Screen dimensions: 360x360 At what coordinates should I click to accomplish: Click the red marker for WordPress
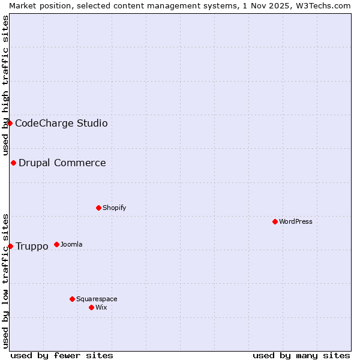point(275,221)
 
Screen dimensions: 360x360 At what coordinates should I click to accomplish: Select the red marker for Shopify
point(98,208)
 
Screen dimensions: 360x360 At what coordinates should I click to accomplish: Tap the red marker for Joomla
point(56,244)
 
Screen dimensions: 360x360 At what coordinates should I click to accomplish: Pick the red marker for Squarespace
point(72,299)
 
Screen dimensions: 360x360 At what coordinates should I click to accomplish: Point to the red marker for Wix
point(91,307)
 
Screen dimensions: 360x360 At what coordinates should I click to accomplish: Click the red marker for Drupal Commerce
point(13,163)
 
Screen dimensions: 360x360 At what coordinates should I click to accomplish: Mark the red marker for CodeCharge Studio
point(10,123)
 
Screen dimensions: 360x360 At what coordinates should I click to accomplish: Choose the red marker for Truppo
point(10,246)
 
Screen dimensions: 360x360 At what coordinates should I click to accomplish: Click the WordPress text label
point(296,221)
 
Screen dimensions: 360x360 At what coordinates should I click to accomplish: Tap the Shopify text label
point(114,208)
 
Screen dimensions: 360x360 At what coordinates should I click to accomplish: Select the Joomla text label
point(71,244)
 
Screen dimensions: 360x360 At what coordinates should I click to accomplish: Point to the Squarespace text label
point(97,299)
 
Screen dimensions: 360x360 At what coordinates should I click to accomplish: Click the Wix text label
point(101,307)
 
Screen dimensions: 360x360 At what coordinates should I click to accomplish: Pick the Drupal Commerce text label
point(62,163)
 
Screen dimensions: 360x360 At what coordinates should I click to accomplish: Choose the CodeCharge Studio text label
point(61,123)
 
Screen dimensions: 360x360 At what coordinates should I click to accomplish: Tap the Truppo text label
point(32,246)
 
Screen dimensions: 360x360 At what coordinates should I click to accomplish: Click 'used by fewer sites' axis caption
point(62,355)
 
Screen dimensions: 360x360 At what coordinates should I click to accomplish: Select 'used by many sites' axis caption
point(301,355)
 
